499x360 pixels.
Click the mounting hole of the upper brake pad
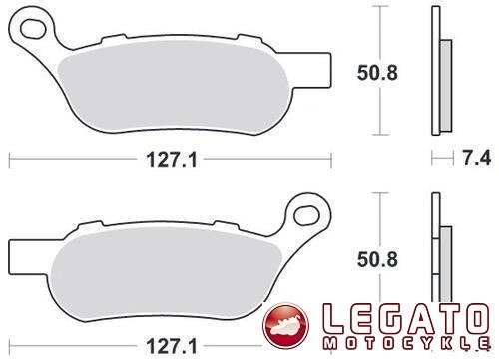tap(33, 29)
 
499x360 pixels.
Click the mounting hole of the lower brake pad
tap(307, 215)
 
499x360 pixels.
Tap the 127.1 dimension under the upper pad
tap(172, 160)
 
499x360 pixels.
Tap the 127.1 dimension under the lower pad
tap(172, 346)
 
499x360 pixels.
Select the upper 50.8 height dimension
tap(377, 73)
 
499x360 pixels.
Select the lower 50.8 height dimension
tap(377, 259)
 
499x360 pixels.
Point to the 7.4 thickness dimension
tap(477, 158)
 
